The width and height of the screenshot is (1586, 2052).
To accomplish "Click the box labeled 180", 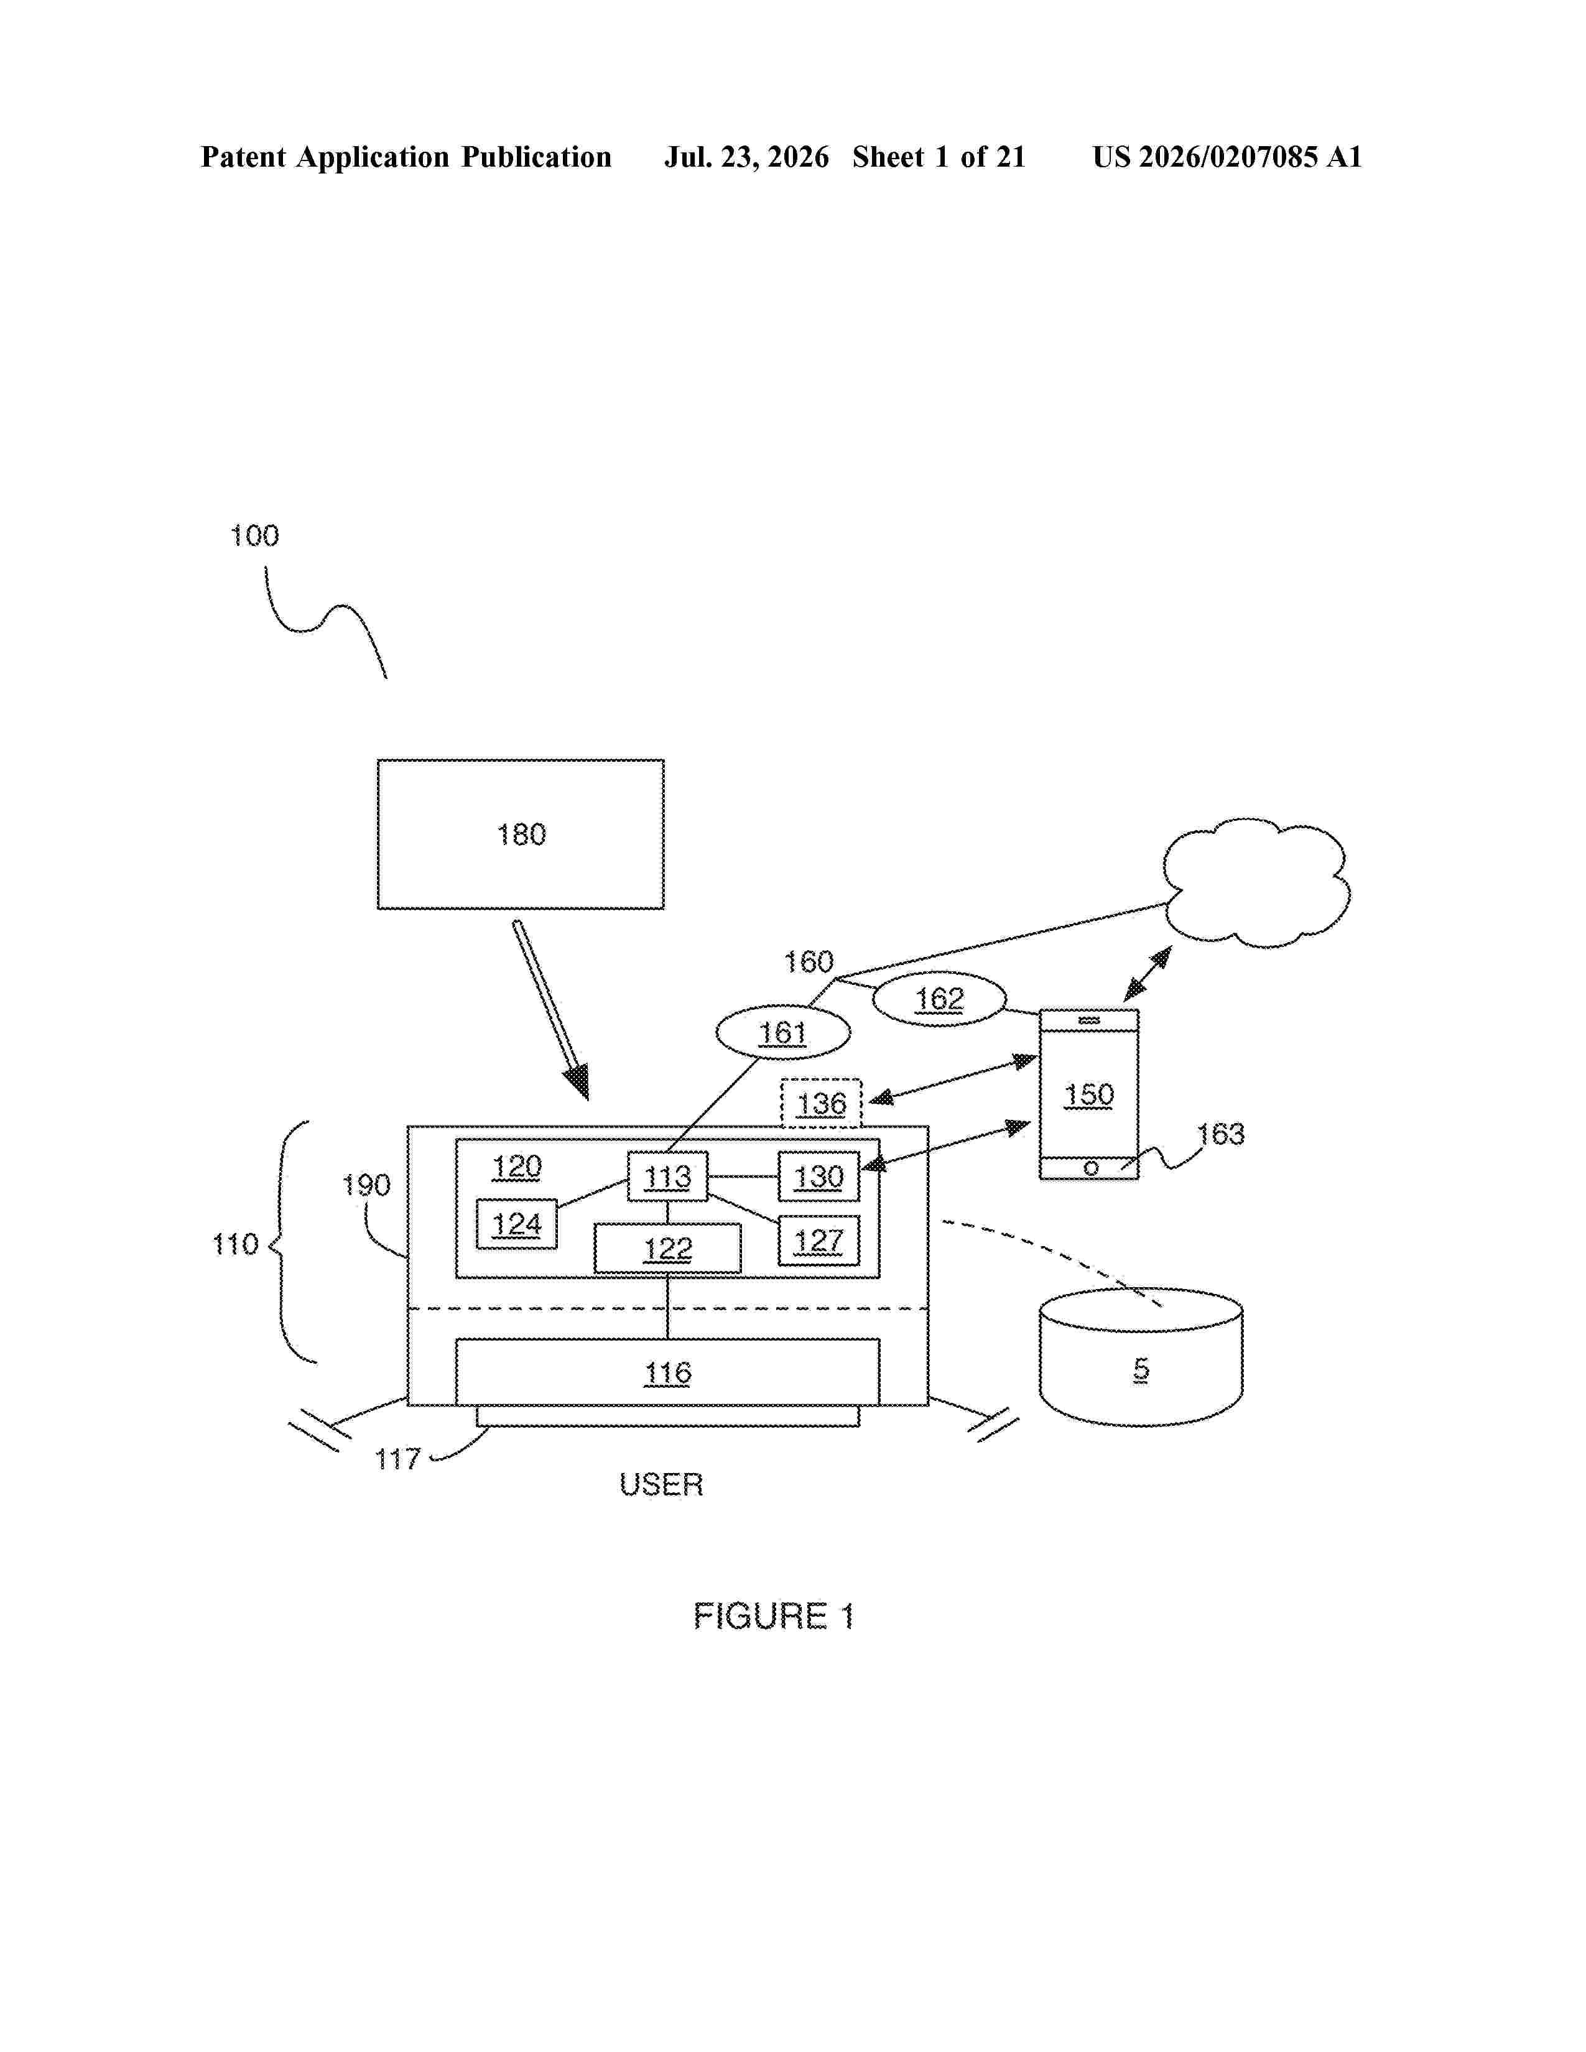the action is click(521, 834).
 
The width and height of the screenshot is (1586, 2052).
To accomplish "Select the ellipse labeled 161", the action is click(782, 1033).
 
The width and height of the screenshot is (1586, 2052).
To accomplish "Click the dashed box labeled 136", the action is click(821, 1103).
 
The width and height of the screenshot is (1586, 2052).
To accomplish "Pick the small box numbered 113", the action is click(667, 1176).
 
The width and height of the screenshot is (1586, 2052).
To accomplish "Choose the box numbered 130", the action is click(819, 1176).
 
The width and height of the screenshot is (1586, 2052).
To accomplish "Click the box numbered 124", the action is click(517, 1224).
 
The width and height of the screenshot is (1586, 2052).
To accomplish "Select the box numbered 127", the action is click(819, 1241).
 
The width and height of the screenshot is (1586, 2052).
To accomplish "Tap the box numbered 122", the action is click(667, 1249).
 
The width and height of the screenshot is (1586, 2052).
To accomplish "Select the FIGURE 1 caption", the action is click(773, 1616).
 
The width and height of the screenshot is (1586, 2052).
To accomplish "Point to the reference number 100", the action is click(254, 535).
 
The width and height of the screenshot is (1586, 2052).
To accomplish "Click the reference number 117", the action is click(397, 1459).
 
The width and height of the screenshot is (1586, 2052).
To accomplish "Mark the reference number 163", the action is click(1220, 1134).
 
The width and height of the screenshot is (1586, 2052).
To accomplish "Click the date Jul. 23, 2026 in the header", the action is click(747, 157).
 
